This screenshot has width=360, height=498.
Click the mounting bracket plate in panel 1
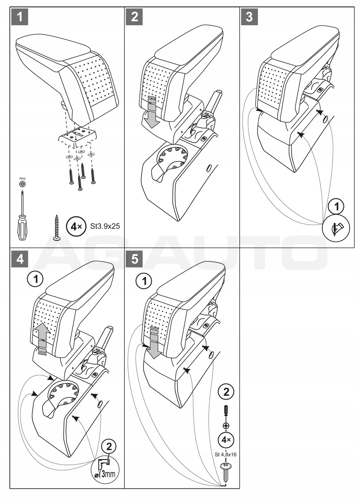pos(78,134)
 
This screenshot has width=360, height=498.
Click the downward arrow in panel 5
pos(154,343)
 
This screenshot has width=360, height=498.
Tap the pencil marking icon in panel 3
pos(336,229)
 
